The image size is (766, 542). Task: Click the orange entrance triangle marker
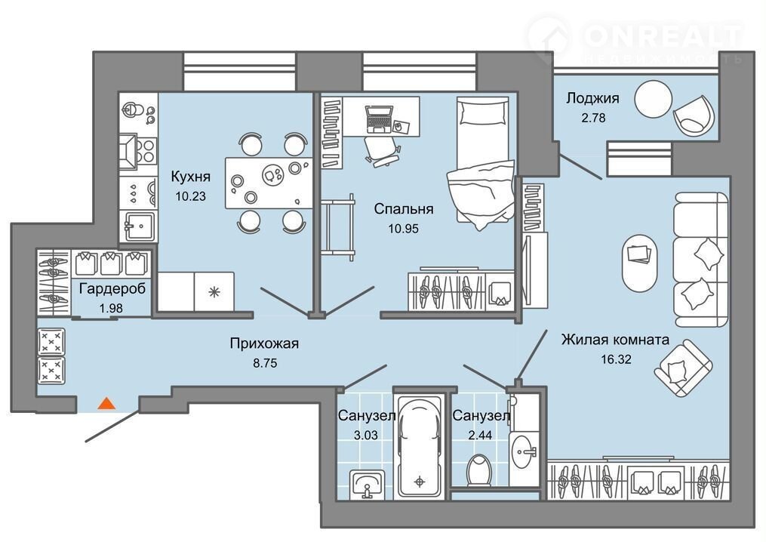(x=106, y=403)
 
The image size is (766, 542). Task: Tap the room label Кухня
(x=190, y=177)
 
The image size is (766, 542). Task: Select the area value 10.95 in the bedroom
(x=404, y=228)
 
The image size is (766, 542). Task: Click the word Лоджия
(x=592, y=98)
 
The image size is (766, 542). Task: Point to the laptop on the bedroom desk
(x=379, y=119)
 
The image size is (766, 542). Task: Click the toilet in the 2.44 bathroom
(x=478, y=470)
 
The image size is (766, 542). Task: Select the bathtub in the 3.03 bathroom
(x=420, y=445)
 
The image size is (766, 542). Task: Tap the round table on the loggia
(x=653, y=99)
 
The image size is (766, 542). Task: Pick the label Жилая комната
(x=615, y=339)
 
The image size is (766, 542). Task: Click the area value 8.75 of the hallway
(x=265, y=363)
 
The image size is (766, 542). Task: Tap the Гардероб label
(x=112, y=289)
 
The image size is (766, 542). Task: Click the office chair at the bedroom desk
(x=383, y=150)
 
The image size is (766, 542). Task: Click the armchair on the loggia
(x=694, y=115)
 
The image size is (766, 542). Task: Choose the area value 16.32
(x=616, y=359)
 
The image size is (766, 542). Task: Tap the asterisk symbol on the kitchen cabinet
(x=214, y=292)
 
